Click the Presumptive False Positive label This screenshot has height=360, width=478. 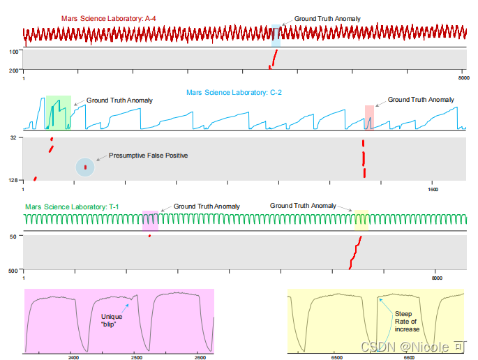(x=148, y=155)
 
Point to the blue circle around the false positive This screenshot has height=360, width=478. (x=85, y=167)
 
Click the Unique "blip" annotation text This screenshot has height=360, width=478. (x=112, y=320)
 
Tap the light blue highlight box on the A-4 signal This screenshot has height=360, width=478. (x=276, y=36)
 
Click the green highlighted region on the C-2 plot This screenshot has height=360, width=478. (x=58, y=113)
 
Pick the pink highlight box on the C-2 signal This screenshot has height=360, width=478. (x=369, y=117)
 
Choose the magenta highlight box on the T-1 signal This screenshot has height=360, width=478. (x=150, y=220)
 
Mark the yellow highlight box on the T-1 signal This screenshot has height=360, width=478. (x=361, y=220)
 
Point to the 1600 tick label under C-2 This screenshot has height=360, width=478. (x=433, y=188)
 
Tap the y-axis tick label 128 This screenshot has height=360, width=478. (x=13, y=181)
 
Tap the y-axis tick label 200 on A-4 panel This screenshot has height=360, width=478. (x=14, y=70)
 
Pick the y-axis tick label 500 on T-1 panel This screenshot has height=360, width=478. (x=13, y=270)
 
